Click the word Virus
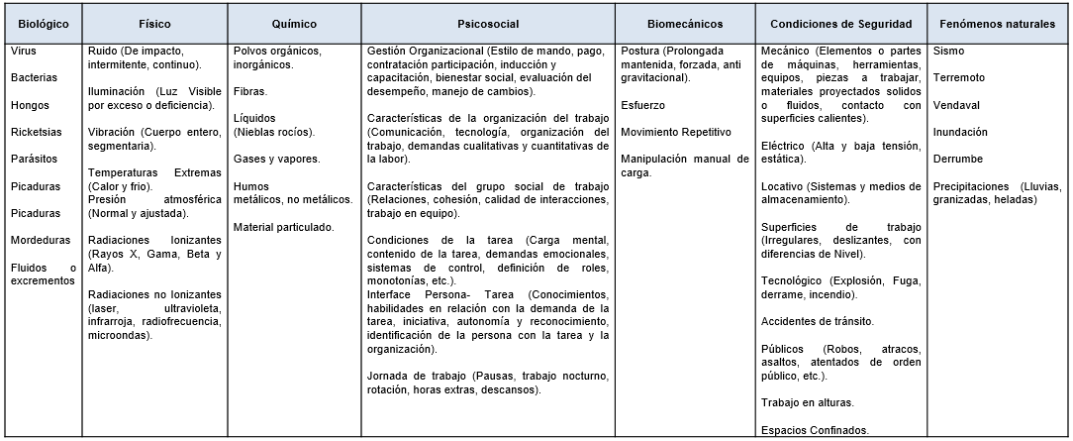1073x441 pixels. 24,50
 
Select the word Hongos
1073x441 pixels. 30,104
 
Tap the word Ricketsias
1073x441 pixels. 37,131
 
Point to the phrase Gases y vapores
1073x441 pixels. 276,159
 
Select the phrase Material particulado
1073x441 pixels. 283,227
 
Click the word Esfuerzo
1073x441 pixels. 643,104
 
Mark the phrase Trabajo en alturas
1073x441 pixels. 808,402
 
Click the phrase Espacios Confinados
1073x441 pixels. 815,429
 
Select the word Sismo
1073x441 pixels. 948,50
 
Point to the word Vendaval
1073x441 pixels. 955,104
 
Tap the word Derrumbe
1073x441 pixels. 957,159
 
